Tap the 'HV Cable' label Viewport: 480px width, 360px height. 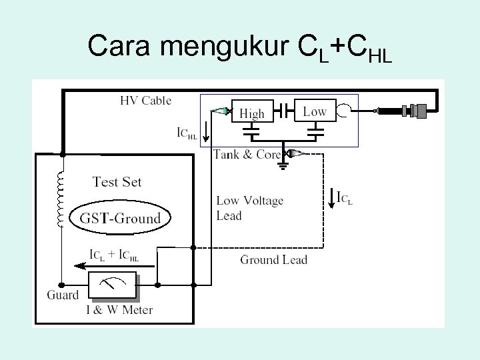(145, 101)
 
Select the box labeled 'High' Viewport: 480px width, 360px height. (251, 113)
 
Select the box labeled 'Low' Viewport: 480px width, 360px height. (314, 111)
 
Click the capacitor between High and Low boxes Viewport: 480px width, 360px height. (283, 108)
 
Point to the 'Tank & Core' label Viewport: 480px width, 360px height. (246, 154)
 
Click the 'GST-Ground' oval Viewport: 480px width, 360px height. (120, 218)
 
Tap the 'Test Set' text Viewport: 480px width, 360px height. (117, 181)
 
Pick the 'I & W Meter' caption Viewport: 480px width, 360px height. (119, 310)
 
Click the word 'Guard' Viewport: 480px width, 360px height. (63, 295)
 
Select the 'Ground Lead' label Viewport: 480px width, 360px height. (273, 259)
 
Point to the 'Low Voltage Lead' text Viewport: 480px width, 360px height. (249, 208)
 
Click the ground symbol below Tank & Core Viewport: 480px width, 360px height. (283, 166)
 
